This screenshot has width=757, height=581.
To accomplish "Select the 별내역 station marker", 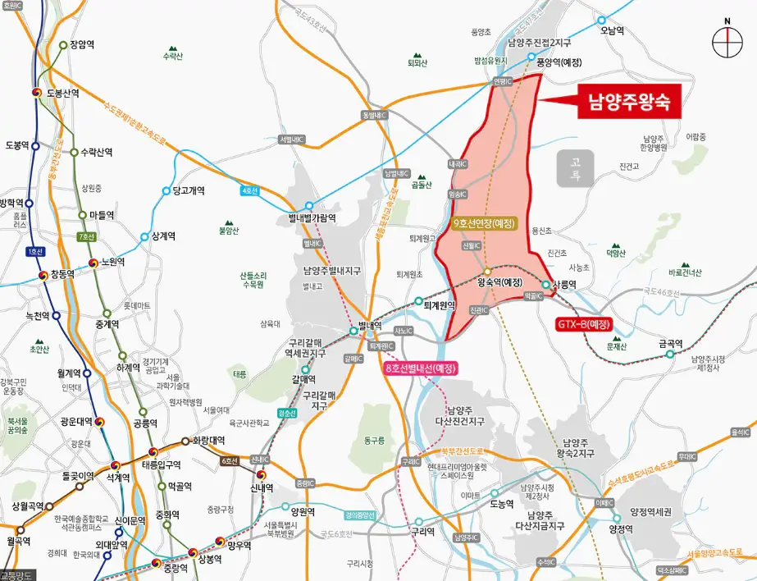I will (353, 332).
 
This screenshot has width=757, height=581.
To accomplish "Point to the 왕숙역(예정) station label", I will (499, 282).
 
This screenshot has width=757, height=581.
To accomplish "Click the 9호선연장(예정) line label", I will (484, 223).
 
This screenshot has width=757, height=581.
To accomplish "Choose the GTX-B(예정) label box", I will (584, 323).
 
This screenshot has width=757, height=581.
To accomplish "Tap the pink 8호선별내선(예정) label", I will (421, 368).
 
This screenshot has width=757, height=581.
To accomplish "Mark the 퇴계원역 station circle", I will (419, 301).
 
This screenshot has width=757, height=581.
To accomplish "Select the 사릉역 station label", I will (565, 285).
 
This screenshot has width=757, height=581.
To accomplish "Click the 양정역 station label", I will (621, 529).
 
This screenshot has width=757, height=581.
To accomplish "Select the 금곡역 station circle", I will (669, 355).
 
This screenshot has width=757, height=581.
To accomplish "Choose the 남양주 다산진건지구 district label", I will (466, 415).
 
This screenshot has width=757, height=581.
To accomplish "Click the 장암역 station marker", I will (63, 45).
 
